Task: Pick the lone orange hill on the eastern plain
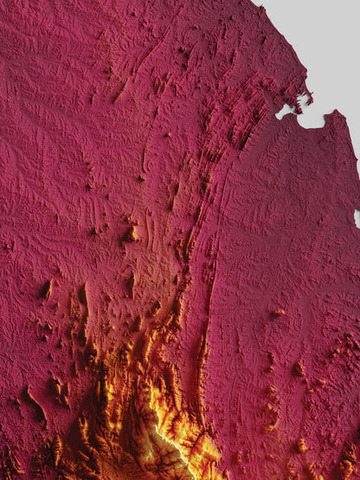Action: tap(279, 313)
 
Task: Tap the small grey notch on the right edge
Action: tap(357, 216)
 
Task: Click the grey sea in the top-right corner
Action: tap(329, 43)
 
